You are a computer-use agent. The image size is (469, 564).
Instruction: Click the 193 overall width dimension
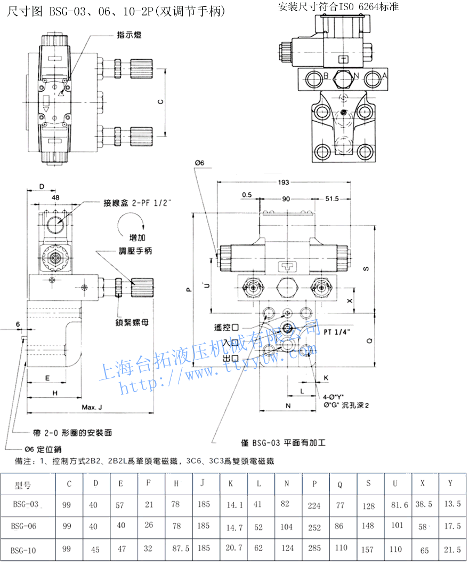(284, 182)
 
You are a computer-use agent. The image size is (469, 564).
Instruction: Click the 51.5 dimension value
(333, 198)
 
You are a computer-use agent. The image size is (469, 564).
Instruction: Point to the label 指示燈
(129, 35)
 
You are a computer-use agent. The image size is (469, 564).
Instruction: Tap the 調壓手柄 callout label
(135, 251)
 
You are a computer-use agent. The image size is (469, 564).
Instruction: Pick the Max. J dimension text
(92, 408)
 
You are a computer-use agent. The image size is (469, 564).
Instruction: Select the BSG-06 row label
(24, 526)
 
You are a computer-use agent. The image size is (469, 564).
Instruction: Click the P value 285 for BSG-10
(315, 550)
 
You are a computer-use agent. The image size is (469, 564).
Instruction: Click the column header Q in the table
(340, 484)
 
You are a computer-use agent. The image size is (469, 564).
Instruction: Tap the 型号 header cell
(24, 485)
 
